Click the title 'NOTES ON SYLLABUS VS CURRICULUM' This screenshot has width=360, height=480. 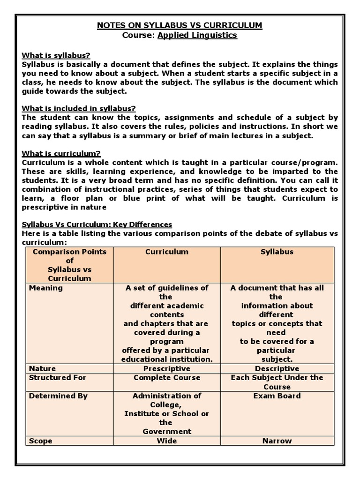(180, 25)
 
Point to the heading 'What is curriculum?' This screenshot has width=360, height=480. (61, 153)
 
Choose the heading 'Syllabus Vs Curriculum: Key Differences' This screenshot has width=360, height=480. (97, 225)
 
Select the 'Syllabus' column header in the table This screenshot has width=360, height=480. (277, 252)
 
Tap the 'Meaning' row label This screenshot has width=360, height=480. (45, 288)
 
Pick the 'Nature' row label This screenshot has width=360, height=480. (42, 368)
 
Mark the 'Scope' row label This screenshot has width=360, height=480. (41, 441)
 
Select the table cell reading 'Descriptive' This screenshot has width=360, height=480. (277, 368)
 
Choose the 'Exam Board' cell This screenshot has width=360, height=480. (277, 396)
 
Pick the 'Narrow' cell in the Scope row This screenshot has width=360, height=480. (277, 441)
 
